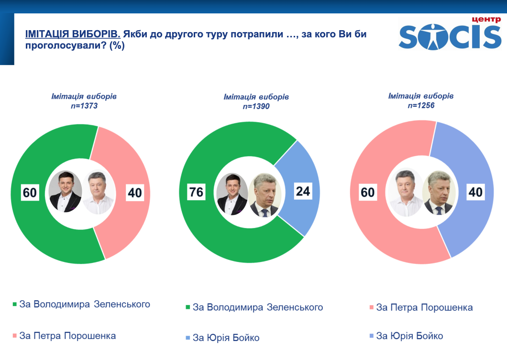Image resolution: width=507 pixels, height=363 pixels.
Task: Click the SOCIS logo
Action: coord(450,34)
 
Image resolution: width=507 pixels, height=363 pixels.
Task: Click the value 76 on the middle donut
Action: coord(197,192)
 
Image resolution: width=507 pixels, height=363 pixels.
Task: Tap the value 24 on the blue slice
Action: coord(303,192)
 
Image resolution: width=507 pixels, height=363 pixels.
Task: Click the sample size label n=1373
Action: coord(84,105)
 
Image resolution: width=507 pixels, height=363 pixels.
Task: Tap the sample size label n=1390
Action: coord(256,106)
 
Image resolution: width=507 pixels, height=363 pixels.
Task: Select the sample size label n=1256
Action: coord(421,105)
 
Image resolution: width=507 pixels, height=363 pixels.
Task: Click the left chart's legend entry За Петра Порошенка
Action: coord(67,335)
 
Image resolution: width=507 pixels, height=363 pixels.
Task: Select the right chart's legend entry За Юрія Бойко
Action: coord(409,336)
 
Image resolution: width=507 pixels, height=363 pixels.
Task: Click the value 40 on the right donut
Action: coord(475,192)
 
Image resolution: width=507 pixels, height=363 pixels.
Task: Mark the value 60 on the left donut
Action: coord(30,193)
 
